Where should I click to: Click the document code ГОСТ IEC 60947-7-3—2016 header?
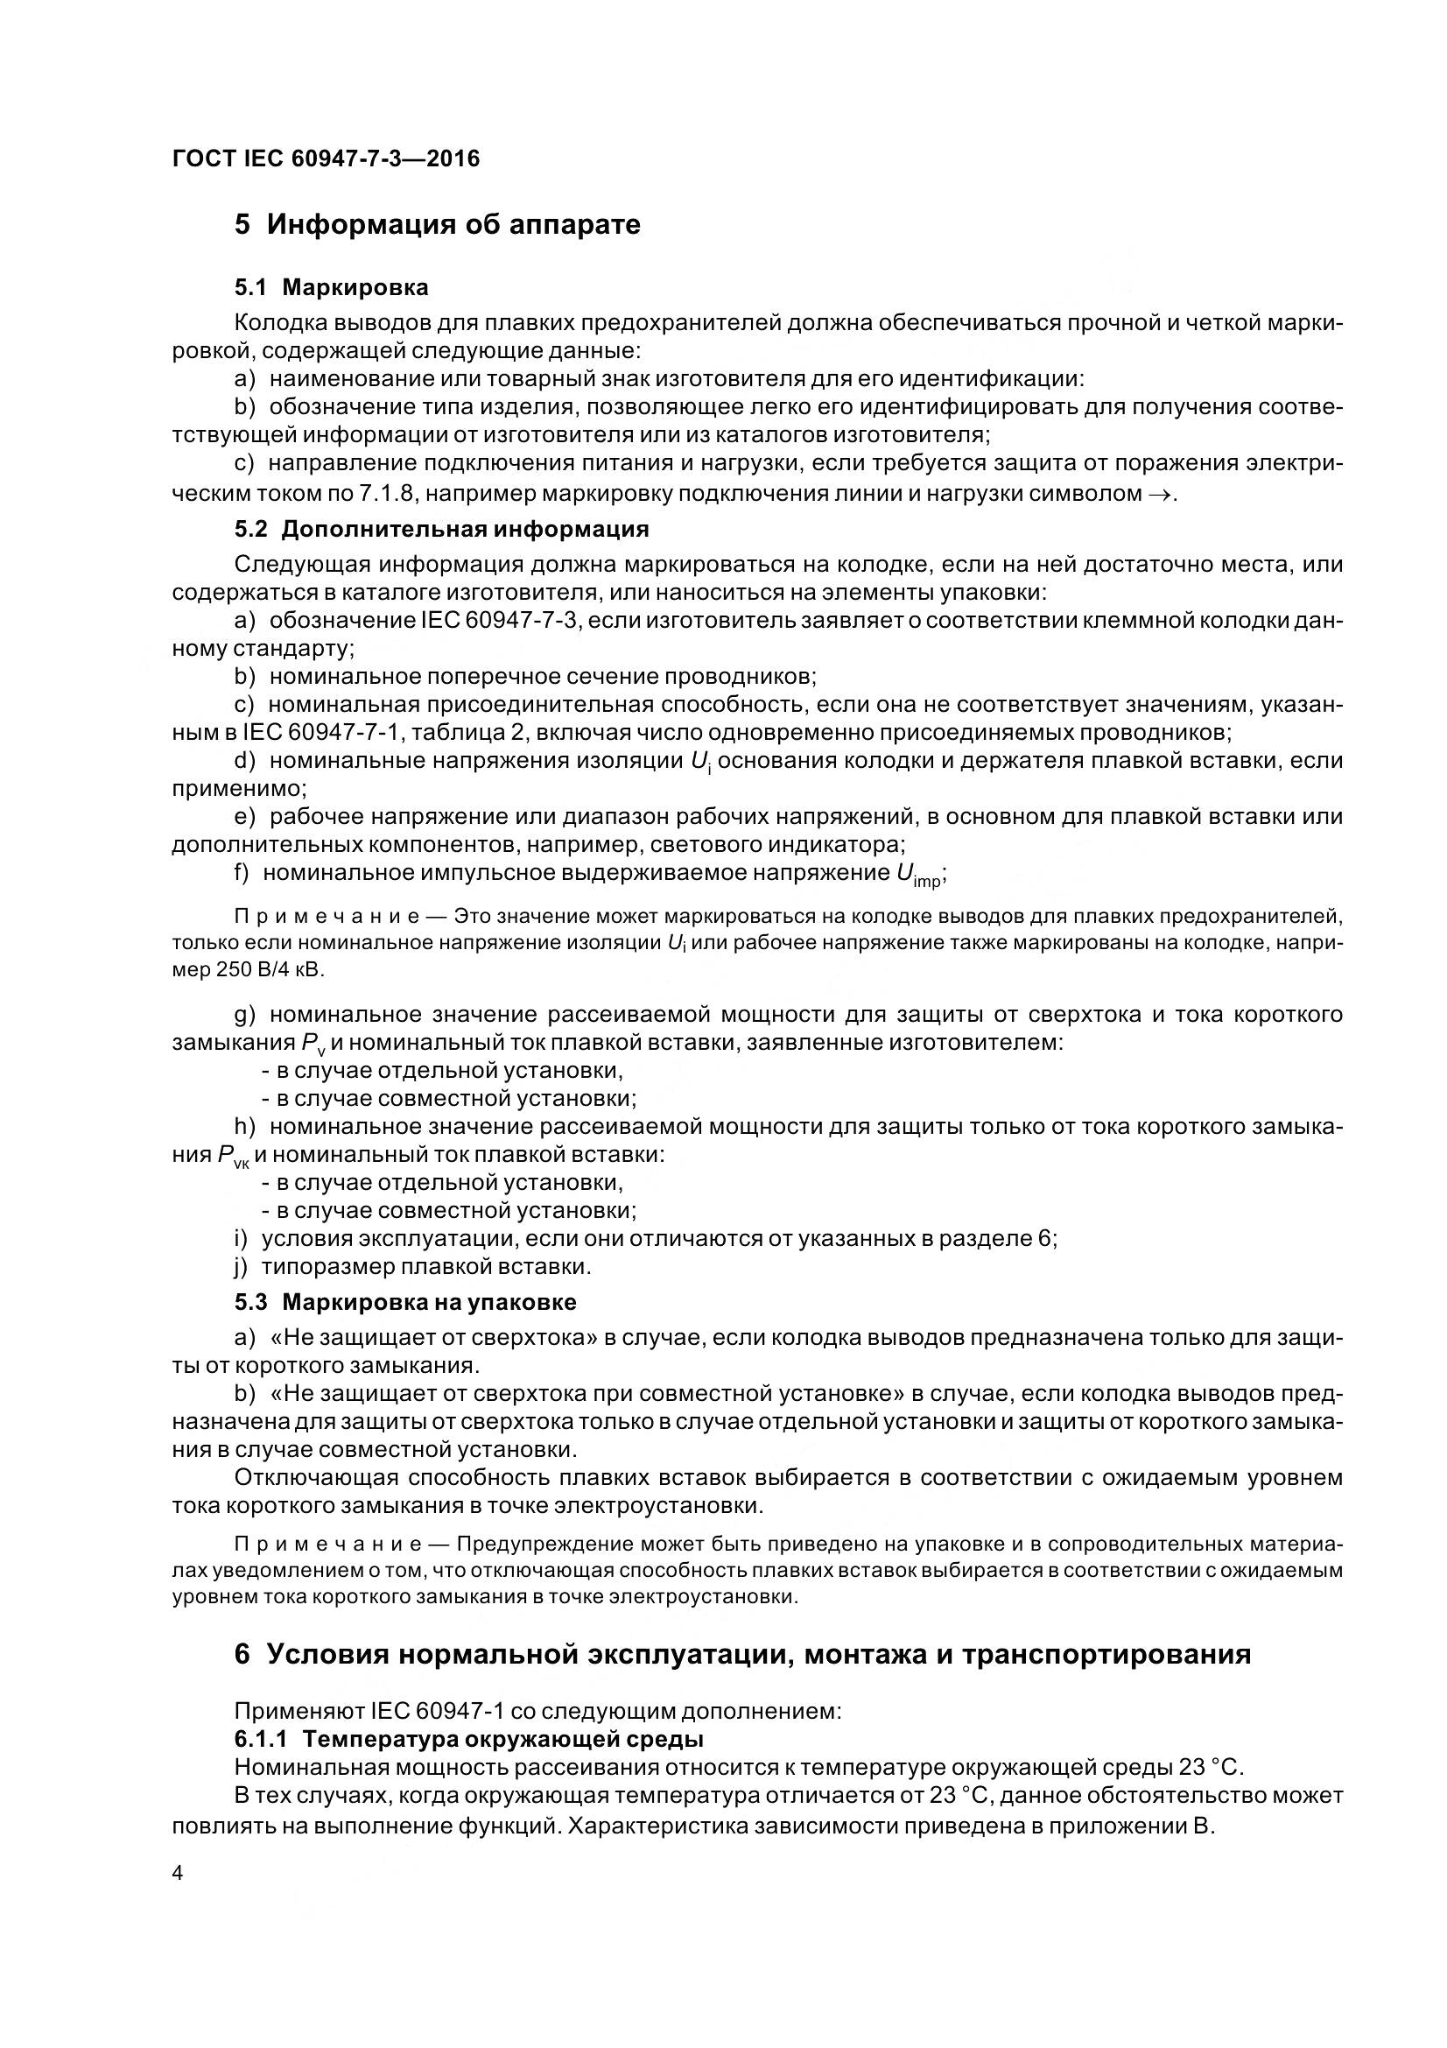click(x=326, y=158)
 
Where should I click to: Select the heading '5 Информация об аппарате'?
click(x=437, y=224)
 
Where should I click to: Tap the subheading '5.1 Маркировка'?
click(x=331, y=287)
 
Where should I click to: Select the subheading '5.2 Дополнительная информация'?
click(x=441, y=529)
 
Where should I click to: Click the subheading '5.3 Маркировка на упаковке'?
click(x=404, y=1302)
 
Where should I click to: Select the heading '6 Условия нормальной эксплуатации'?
click(x=741, y=1654)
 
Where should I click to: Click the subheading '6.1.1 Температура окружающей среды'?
click(x=469, y=1740)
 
